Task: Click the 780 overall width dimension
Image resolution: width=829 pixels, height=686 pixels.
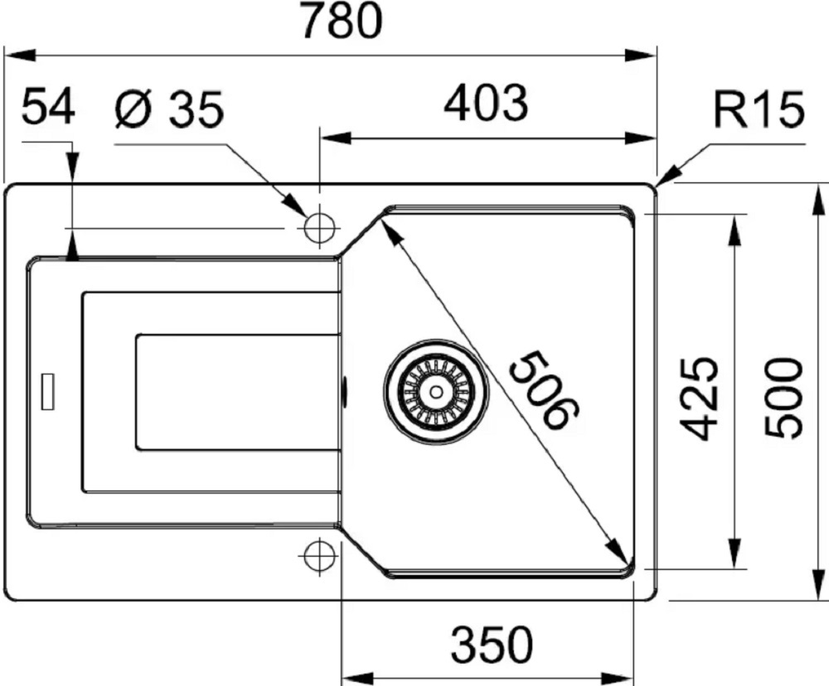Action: [342, 21]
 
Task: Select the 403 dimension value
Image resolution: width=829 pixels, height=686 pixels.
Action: [486, 103]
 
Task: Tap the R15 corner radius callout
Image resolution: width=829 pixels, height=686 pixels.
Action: [759, 109]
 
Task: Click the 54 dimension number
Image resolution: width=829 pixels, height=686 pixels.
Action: [48, 106]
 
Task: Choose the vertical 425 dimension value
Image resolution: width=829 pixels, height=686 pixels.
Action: [699, 399]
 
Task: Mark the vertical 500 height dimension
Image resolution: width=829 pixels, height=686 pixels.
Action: [784, 398]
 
